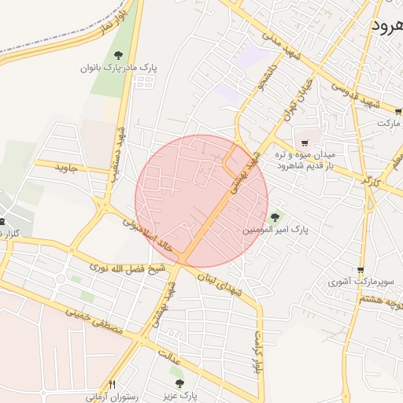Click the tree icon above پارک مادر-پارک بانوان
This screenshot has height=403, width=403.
tap(118, 55)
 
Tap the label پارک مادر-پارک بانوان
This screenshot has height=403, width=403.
tap(119, 68)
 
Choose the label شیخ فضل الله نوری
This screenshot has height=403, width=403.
tap(118, 270)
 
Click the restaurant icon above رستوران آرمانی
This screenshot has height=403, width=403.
tap(112, 384)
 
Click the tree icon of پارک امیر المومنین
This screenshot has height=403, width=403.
tap(275, 218)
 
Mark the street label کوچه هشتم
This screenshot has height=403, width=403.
tap(379, 300)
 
